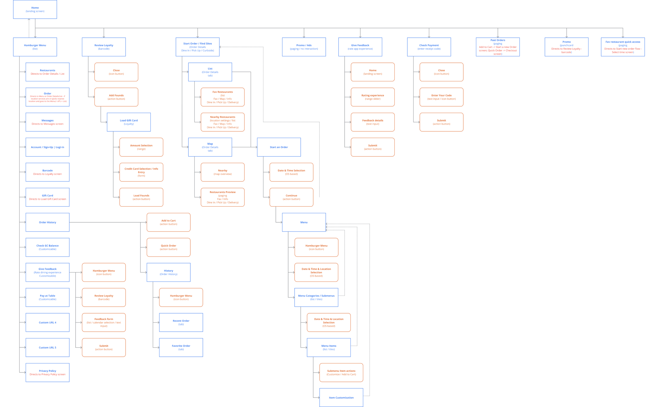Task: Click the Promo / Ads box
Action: [304, 47]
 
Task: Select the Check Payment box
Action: [429, 47]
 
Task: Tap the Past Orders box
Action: [497, 47]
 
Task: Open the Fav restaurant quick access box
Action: [622, 47]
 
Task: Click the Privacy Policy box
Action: [47, 372]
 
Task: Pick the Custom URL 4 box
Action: [47, 322]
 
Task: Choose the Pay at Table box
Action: [47, 297]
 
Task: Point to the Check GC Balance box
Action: [47, 247]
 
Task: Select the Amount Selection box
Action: [141, 147]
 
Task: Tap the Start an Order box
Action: [279, 147]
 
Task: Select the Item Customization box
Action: [341, 397]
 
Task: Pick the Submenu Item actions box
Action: [341, 372]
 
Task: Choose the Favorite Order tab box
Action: [181, 347]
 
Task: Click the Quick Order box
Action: [168, 247]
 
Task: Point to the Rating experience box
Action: [372, 97]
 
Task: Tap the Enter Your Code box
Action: [441, 97]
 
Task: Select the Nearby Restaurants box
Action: [223, 122]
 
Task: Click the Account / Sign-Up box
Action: [47, 147]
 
